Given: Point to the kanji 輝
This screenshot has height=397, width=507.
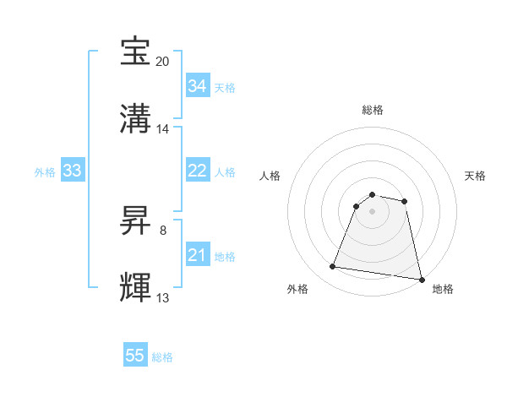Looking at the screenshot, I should pyautogui.click(x=136, y=287).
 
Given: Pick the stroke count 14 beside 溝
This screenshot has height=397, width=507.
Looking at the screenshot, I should pyautogui.click(x=163, y=129).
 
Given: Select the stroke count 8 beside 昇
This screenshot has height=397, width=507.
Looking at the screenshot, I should pyautogui.click(x=163, y=229).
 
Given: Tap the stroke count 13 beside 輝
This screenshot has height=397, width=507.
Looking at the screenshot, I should pyautogui.click(x=163, y=297).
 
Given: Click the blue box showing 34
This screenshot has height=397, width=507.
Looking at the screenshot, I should pyautogui.click(x=197, y=86).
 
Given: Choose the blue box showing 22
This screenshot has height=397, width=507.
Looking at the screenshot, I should pyautogui.click(x=197, y=171).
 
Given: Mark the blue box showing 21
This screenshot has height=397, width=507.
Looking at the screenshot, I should pyautogui.click(x=197, y=255).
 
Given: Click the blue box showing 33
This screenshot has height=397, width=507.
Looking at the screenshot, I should pyautogui.click(x=72, y=171).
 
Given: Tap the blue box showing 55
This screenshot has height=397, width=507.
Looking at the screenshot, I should pyautogui.click(x=135, y=356).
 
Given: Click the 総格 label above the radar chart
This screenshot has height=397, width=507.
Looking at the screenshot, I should pyautogui.click(x=373, y=110).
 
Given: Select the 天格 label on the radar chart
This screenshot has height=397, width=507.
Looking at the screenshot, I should pyautogui.click(x=476, y=176).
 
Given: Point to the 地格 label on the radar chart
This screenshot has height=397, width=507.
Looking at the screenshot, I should pyautogui.click(x=443, y=289).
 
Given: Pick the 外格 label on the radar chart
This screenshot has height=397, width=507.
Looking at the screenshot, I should pyautogui.click(x=297, y=289).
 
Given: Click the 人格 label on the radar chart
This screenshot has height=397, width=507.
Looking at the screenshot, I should pyautogui.click(x=270, y=176).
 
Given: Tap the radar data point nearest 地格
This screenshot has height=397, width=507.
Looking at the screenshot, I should pyautogui.click(x=420, y=279).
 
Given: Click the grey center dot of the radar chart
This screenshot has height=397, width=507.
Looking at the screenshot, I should pyautogui.click(x=373, y=210).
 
